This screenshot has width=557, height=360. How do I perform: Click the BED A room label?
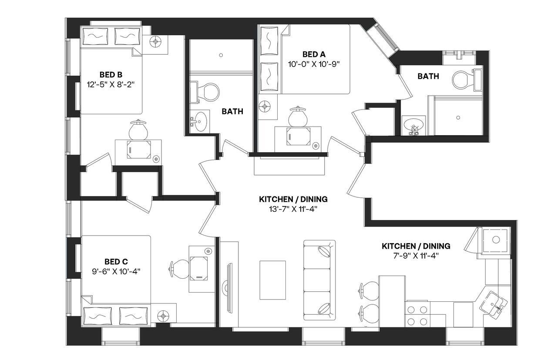[314, 54]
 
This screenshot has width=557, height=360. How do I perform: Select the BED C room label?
[116, 261]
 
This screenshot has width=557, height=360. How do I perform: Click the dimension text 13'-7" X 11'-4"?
[293, 209]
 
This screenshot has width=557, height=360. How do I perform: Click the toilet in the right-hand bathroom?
[462, 80]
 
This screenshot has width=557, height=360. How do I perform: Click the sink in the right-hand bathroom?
[413, 126]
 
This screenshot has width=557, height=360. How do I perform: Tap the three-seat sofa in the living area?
[319, 279]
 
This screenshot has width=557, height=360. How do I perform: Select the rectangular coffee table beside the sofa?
[272, 280]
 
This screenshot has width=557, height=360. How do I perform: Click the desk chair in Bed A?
[298, 116]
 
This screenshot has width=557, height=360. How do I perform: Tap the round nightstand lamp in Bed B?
[156, 42]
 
